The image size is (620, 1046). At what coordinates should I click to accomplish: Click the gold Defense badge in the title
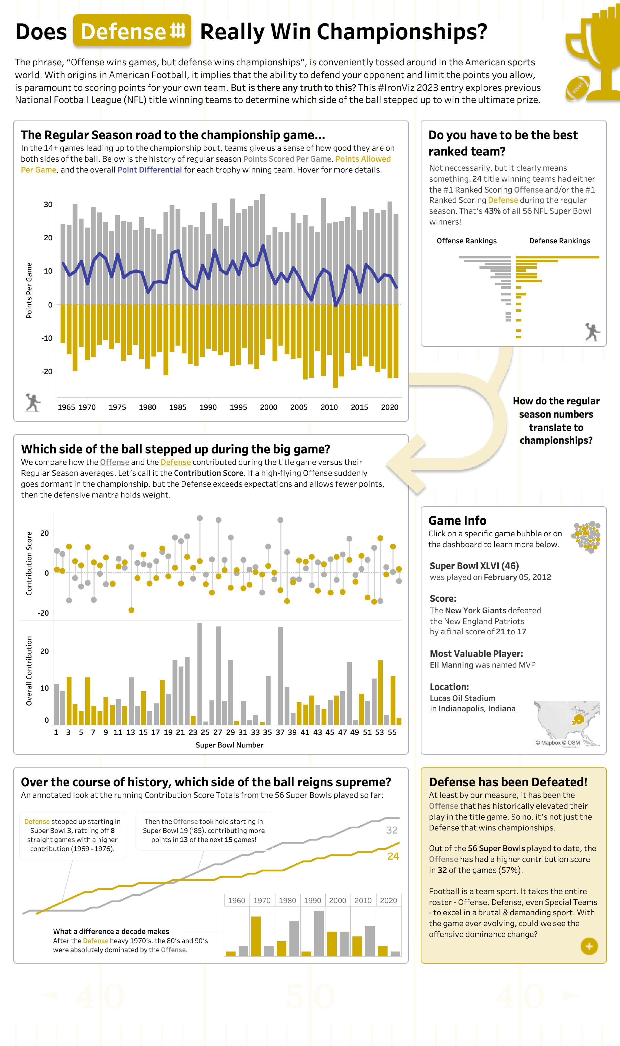132,30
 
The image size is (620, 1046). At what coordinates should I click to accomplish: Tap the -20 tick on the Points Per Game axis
47,371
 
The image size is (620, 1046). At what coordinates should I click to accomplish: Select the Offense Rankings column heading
466,241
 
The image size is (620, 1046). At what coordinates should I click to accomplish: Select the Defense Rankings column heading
559,241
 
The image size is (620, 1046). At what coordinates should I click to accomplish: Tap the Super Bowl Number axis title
229,745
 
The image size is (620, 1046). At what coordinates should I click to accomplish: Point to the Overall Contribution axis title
29,671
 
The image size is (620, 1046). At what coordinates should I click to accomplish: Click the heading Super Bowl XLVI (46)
474,566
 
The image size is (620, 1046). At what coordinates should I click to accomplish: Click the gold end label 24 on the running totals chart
393,856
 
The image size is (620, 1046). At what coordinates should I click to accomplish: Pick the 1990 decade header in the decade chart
312,900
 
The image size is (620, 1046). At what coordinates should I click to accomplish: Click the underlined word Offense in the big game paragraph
114,462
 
